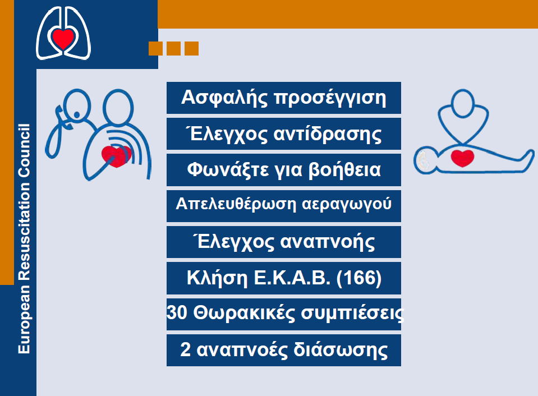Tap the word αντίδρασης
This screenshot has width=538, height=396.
[x=327, y=135]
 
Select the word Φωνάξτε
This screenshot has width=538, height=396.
[x=227, y=170]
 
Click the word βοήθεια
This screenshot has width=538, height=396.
[x=344, y=170]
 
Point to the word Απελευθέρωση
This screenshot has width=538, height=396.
[x=236, y=204]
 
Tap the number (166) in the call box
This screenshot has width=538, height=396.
[x=359, y=278]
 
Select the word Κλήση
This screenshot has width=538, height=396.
[x=217, y=278]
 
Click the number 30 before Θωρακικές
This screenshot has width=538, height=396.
[x=177, y=312]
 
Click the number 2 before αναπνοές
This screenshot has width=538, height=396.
[x=185, y=349]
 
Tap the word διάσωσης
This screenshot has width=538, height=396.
[x=341, y=350]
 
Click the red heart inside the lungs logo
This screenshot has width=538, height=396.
[x=63, y=39]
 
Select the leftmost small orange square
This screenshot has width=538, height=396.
[x=155, y=48]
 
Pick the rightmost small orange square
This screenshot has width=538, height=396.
[x=191, y=48]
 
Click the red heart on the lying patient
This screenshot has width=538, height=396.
[x=462, y=158]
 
